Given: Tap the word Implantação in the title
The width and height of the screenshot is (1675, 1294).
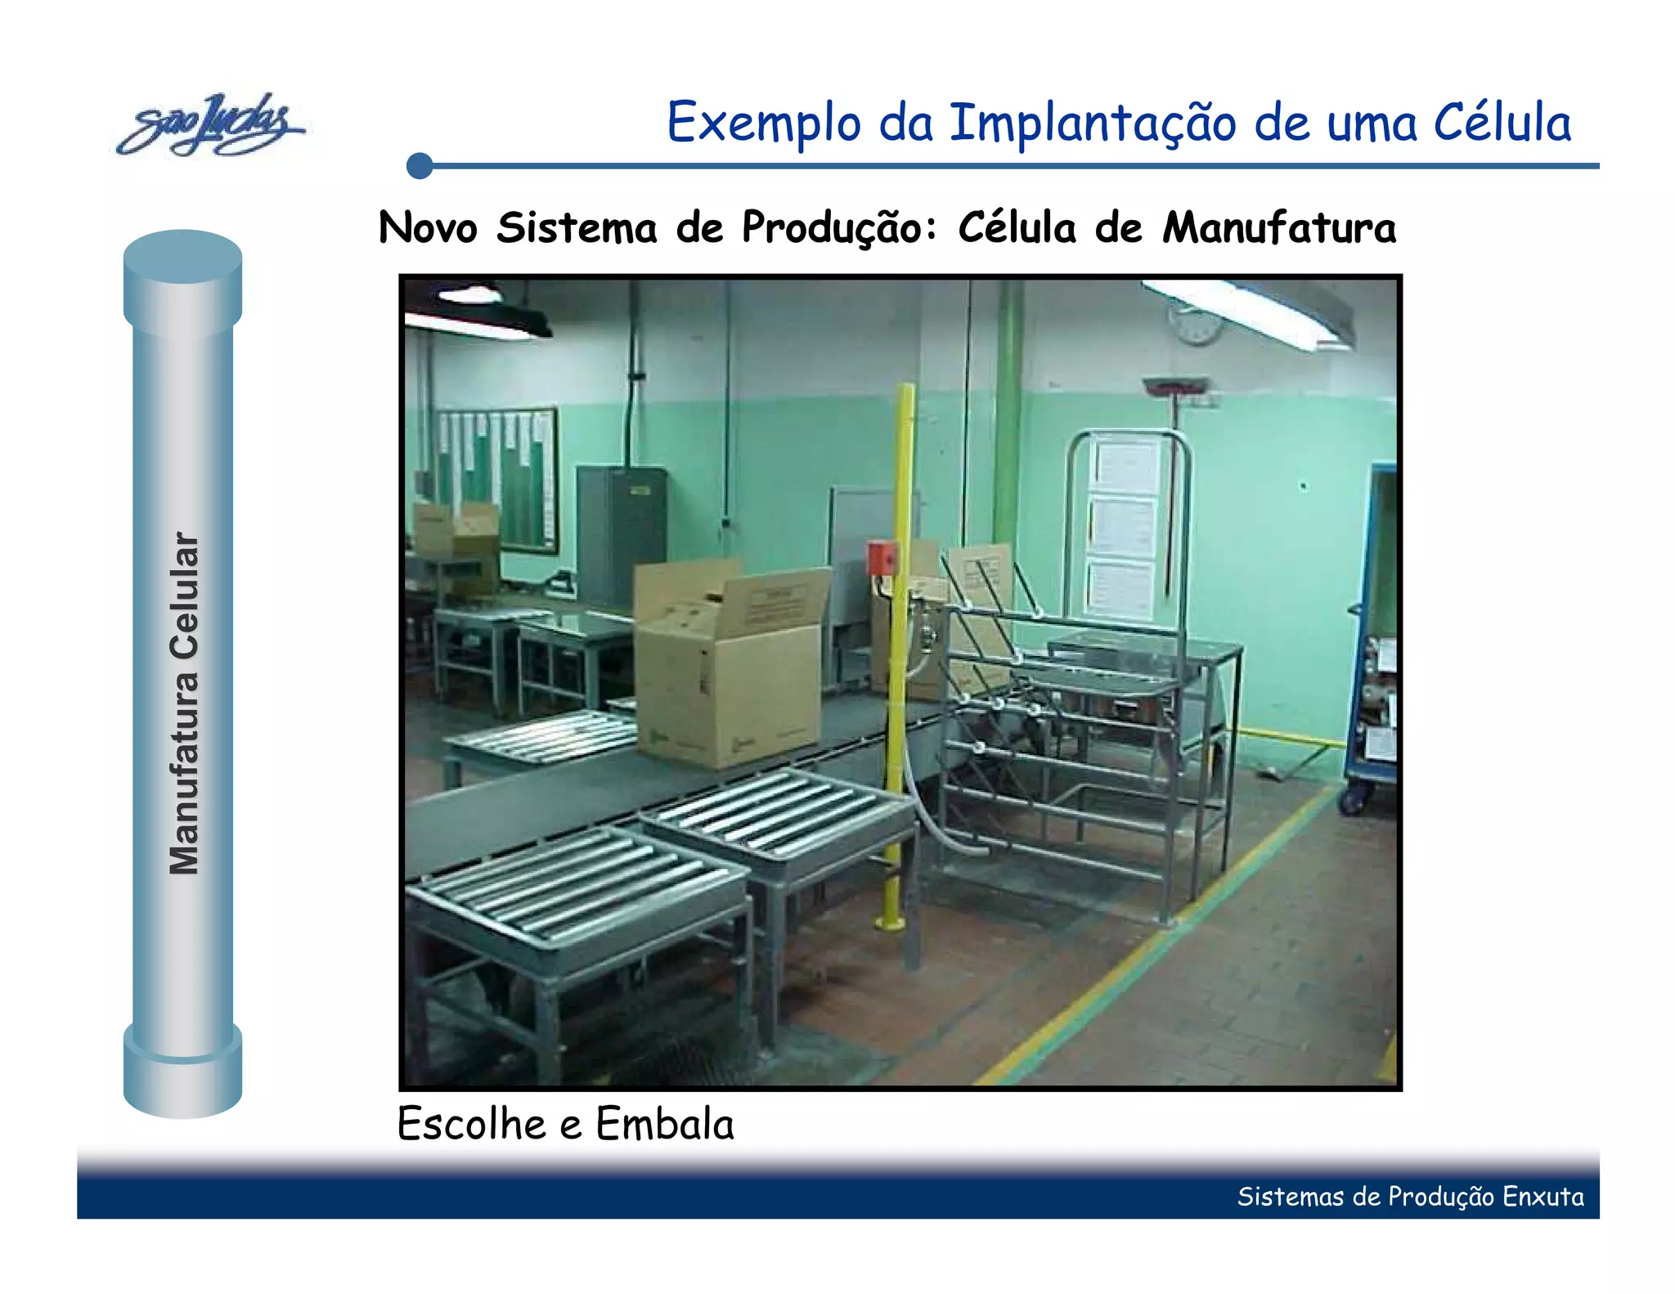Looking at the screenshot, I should pos(1092,123).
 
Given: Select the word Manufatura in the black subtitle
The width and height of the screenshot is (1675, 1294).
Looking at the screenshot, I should pos(1279,227).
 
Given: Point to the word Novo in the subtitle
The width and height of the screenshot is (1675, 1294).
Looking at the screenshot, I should pos(428,227).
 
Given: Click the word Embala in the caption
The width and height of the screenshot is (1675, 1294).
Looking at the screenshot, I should pos(664,1123).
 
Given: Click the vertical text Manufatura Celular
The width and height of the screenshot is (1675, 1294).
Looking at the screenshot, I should pos(184,703).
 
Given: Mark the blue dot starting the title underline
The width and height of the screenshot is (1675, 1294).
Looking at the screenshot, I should pos(420,165).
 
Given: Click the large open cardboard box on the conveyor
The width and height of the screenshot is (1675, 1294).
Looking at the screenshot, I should pos(728,667).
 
